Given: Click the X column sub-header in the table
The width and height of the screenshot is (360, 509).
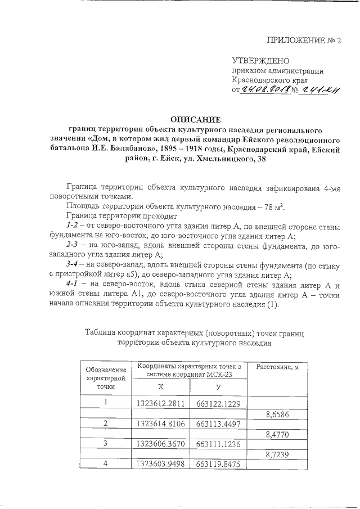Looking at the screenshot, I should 161,387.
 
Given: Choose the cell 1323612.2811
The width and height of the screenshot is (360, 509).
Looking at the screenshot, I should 160,403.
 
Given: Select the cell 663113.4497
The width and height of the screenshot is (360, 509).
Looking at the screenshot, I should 218,424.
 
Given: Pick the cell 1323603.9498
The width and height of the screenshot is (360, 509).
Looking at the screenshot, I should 160,464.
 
